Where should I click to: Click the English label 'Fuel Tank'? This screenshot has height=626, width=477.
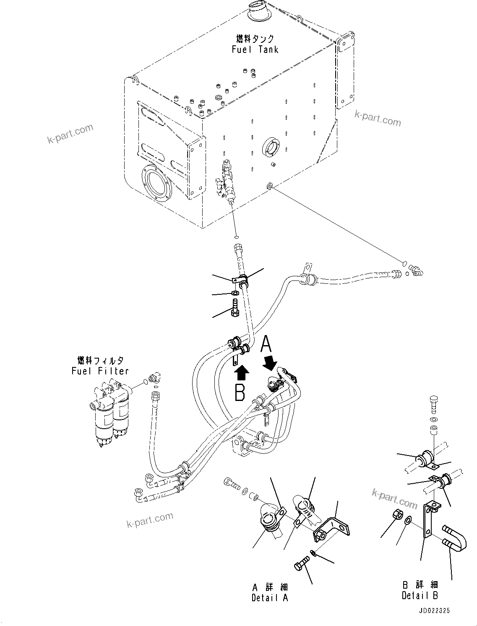(x=255, y=50)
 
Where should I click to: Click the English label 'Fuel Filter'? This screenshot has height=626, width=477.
(x=100, y=371)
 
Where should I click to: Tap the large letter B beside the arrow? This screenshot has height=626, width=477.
(x=240, y=393)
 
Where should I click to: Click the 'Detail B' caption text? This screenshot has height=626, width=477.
(x=420, y=595)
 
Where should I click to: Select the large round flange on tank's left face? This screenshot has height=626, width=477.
(x=156, y=183)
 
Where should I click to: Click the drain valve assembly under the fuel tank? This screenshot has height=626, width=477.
(x=227, y=180)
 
